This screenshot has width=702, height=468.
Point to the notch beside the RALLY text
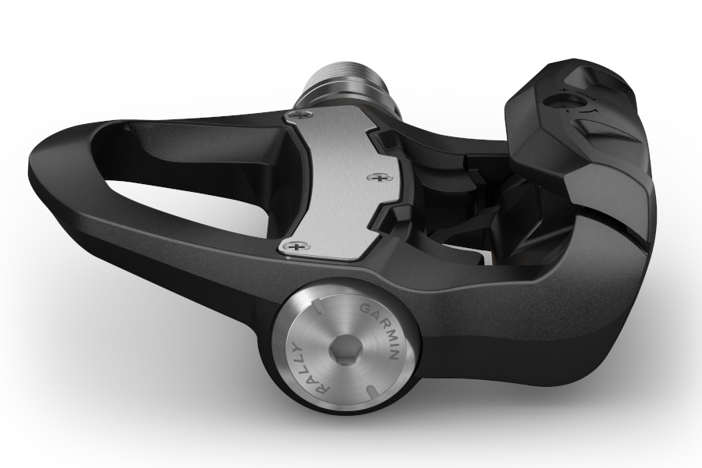[x=312, y=305]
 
